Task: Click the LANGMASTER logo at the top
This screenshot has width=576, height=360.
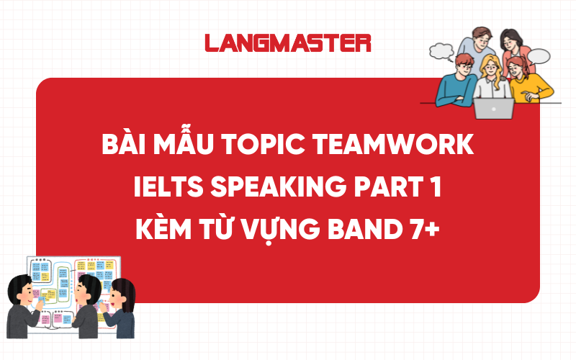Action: click(287, 42)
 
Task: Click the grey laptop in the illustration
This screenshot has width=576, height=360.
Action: click(494, 108)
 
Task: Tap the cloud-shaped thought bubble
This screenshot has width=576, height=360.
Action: click(439, 50)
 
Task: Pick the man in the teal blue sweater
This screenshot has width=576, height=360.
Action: click(454, 83)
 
